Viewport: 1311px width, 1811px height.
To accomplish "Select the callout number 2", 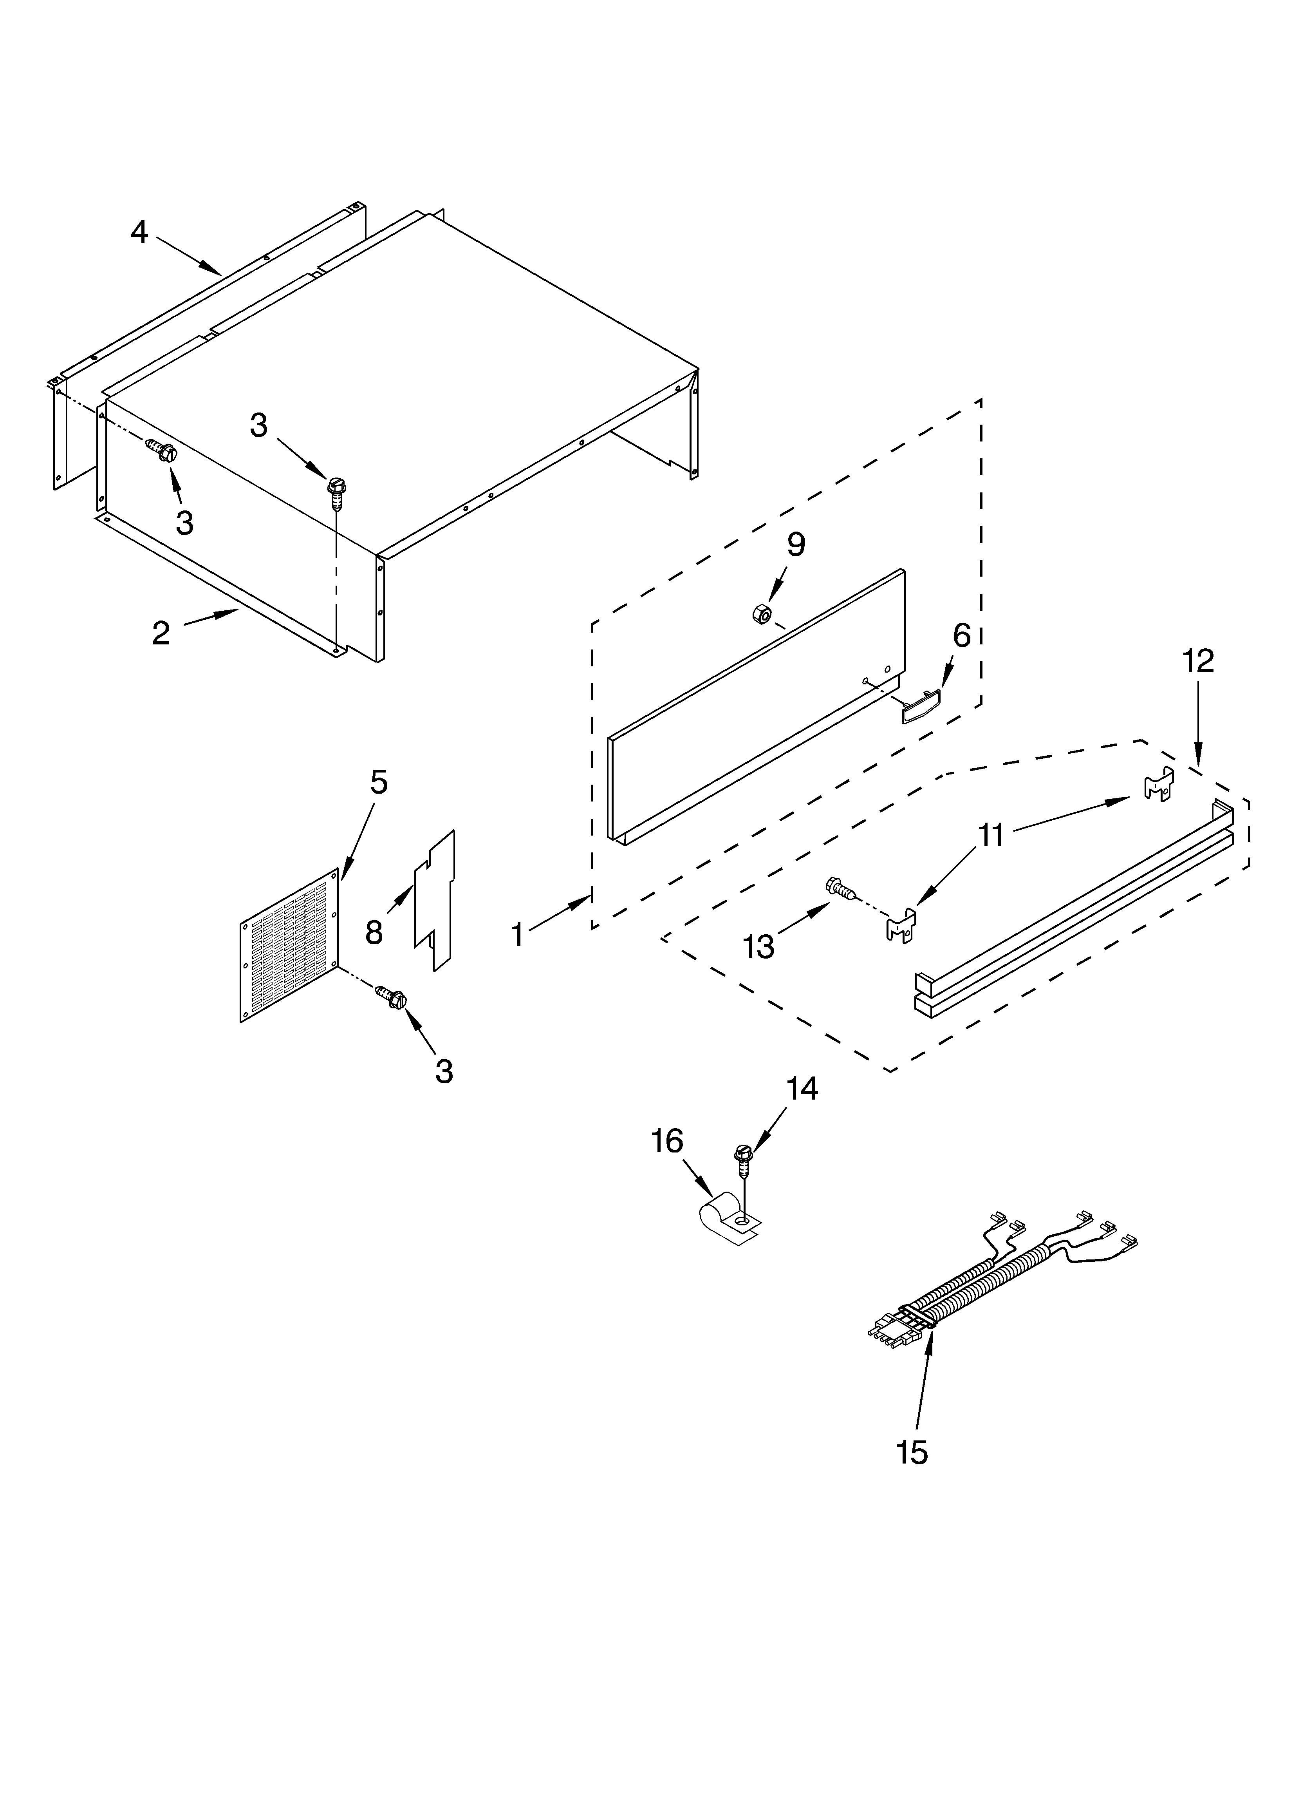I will [x=161, y=633].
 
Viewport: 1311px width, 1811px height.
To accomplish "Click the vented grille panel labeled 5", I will [x=289, y=944].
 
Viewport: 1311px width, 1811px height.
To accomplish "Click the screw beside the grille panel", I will [x=391, y=997].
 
